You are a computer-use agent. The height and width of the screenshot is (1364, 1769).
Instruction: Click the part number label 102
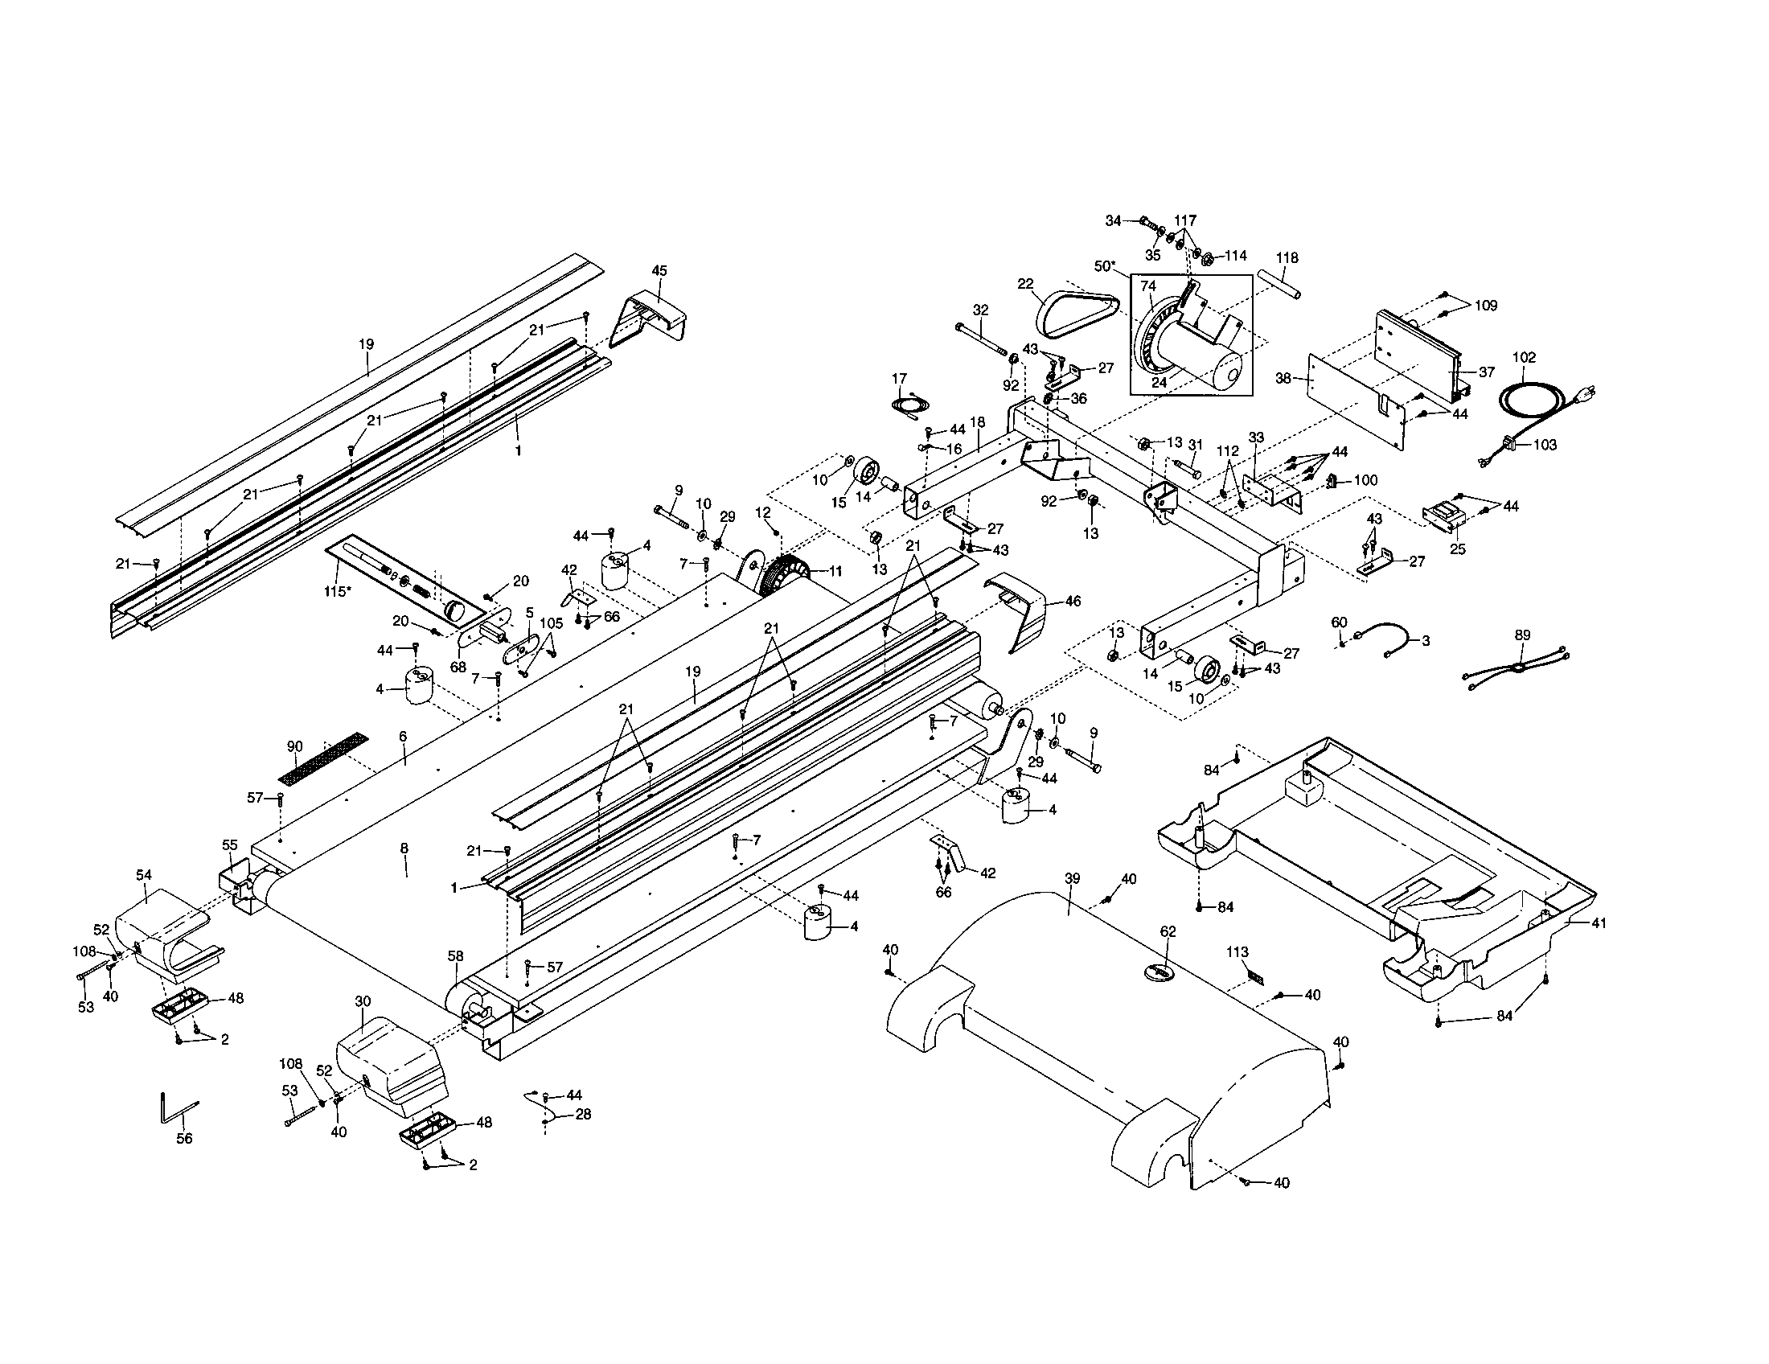pos(1524,357)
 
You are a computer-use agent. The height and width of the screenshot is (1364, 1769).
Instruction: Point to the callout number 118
pos(1287,257)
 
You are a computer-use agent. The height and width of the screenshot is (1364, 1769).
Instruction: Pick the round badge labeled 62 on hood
pos(1160,972)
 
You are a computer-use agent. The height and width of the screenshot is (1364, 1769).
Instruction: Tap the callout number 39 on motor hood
pos(1073,879)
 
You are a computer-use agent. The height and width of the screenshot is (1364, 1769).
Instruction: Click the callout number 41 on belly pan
pos(1598,922)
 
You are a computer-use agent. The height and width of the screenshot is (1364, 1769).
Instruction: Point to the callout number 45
pos(659,270)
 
